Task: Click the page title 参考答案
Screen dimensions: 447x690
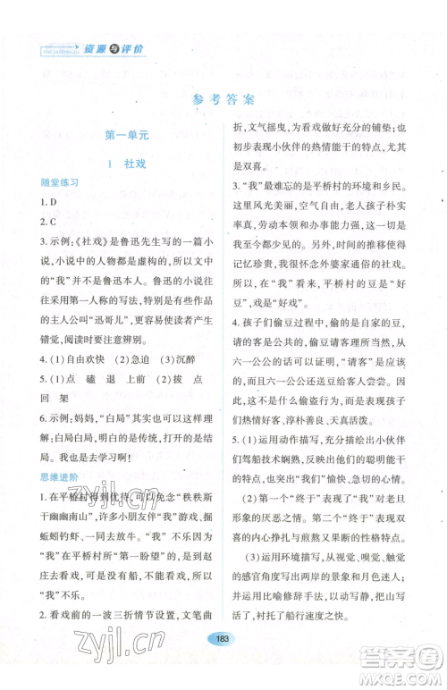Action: pos(223,99)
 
